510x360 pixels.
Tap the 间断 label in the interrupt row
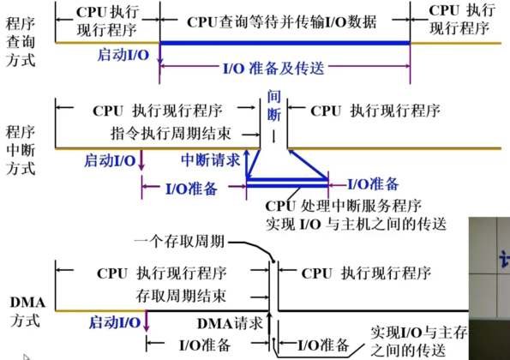(x=274, y=104)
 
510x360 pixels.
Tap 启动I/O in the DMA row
(x=116, y=322)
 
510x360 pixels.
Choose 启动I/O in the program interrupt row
(x=111, y=160)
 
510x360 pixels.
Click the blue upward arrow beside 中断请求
(x=247, y=163)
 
